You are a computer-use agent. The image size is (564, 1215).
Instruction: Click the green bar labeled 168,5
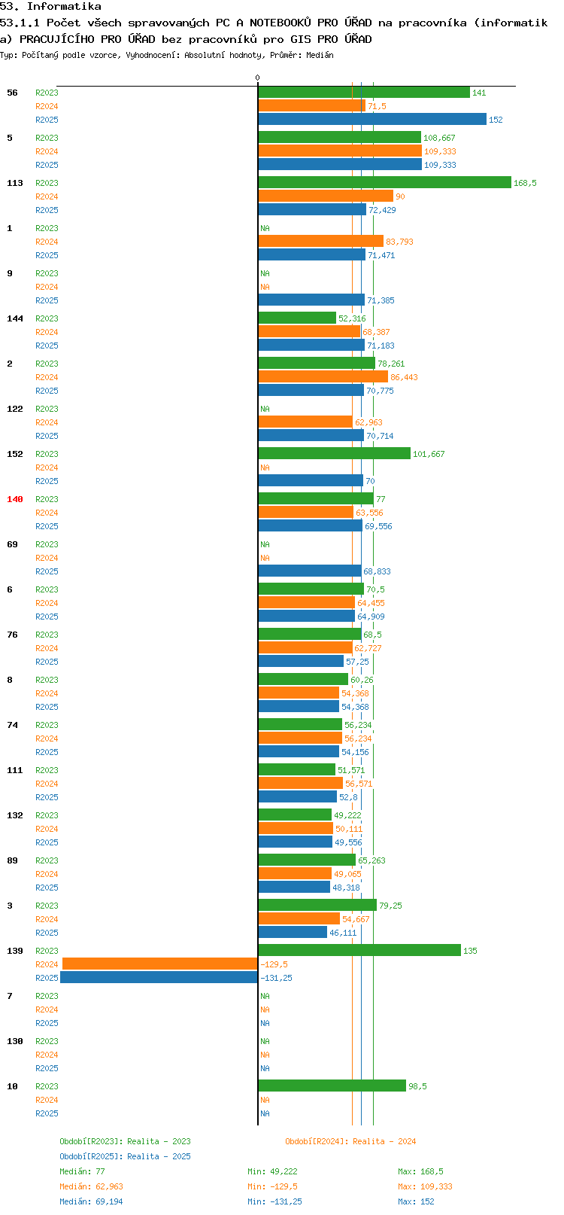pos(385,183)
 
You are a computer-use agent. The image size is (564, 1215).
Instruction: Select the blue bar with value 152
pos(372,120)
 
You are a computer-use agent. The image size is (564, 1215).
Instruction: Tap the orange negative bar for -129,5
pos(160,964)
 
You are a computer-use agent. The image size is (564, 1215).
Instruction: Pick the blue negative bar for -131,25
pos(159,977)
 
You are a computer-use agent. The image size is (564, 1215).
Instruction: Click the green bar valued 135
pos(359,950)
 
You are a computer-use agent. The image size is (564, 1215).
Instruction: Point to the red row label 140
pos(14,499)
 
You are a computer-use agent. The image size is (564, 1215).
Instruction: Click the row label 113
pos(14,183)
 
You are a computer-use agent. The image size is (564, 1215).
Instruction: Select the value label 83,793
pos(399,242)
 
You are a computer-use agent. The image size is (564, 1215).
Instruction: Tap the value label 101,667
pos(429,454)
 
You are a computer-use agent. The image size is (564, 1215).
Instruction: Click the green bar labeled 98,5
pos(332,1086)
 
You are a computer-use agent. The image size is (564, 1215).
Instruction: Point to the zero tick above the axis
pos(257,78)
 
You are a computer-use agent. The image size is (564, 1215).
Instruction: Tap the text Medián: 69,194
pos(91,1201)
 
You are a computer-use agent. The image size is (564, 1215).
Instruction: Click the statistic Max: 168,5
pos(420,1171)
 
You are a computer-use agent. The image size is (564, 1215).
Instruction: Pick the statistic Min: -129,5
pos(272,1186)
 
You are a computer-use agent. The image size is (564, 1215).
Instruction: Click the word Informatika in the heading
pos(64,7)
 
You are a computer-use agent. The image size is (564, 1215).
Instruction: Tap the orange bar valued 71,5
pos(312,106)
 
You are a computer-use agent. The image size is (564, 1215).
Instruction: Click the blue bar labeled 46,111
pos(293,932)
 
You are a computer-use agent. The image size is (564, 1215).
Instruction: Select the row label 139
pos(14,950)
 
